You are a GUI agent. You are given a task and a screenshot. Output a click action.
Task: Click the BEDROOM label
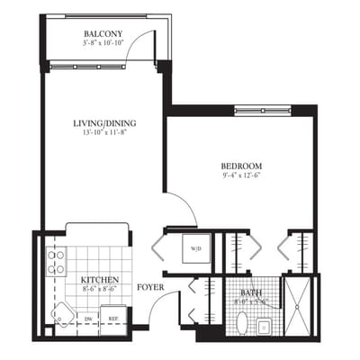coord(240,166)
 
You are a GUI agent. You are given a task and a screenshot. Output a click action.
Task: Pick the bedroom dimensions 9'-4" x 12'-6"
coord(240,176)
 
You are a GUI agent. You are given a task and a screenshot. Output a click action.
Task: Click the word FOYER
coord(149,288)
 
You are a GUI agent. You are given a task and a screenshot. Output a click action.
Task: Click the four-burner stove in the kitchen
coord(56,262)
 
